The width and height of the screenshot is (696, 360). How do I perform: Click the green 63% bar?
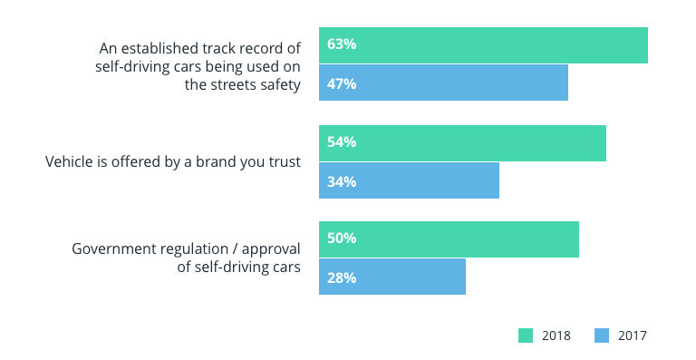(x=483, y=45)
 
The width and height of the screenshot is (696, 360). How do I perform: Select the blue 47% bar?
(x=443, y=83)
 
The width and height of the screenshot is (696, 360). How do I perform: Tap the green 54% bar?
(x=462, y=142)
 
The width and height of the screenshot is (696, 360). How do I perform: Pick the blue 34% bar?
(x=409, y=181)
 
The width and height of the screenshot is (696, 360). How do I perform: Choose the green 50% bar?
(x=449, y=238)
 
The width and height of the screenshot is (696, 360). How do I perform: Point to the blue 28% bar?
(x=392, y=277)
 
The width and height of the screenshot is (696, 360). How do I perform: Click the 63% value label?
(x=342, y=45)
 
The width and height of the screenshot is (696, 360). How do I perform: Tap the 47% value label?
(x=342, y=83)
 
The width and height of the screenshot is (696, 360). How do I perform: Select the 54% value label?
(x=342, y=142)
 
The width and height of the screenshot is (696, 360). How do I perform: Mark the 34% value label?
(x=342, y=181)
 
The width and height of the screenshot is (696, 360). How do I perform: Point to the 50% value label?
(x=342, y=238)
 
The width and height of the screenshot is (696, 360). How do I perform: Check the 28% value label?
(x=342, y=277)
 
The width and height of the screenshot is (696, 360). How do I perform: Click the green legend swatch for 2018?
(x=526, y=336)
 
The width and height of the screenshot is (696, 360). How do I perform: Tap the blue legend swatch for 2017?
(x=602, y=336)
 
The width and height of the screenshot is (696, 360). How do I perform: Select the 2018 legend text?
(x=556, y=336)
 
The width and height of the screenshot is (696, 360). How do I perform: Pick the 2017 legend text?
(x=633, y=336)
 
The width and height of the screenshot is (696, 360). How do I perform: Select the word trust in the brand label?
(x=284, y=162)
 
